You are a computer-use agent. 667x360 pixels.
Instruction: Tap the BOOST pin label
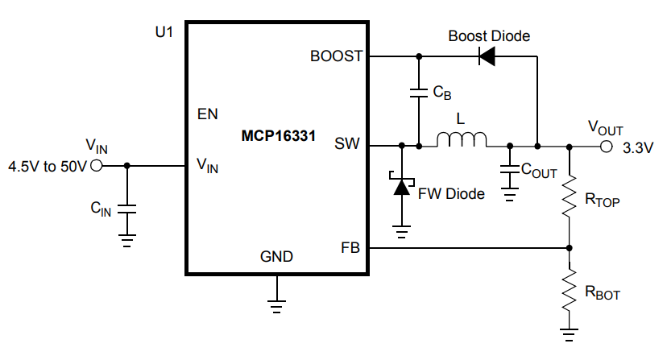[x=336, y=57]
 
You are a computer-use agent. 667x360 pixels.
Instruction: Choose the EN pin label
[x=207, y=114]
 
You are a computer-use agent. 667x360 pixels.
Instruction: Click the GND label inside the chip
[x=276, y=257]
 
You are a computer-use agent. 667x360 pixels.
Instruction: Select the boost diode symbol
[x=486, y=56]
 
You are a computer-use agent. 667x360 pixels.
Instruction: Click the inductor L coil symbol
[x=462, y=140]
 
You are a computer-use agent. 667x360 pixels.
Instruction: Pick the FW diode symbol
[x=401, y=186]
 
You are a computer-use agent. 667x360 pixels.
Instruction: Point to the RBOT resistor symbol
[x=570, y=288]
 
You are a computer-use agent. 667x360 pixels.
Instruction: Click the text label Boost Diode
[x=489, y=36]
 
